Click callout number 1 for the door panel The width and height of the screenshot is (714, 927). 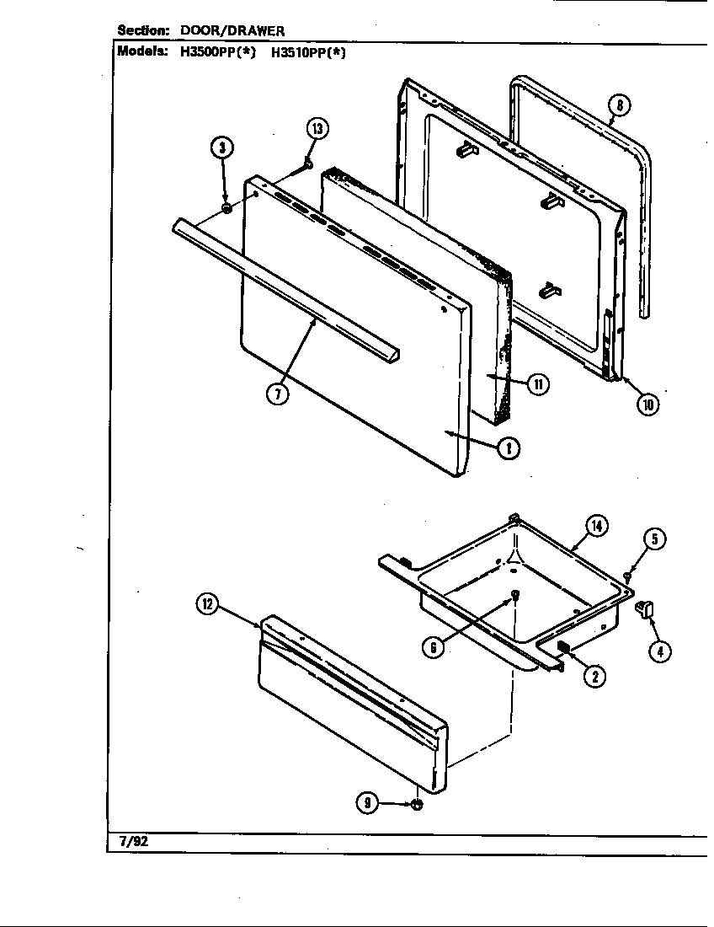(508, 448)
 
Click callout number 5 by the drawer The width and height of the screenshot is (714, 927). (656, 539)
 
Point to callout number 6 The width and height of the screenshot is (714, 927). (433, 647)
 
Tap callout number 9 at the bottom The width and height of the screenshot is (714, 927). (367, 803)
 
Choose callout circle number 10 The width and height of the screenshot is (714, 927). (647, 404)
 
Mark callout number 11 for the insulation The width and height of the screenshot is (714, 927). (537, 384)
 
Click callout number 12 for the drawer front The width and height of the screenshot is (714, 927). (207, 603)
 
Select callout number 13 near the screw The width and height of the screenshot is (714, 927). (317, 129)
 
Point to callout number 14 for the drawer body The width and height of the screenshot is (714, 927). (595, 526)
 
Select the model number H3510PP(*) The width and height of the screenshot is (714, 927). (308, 51)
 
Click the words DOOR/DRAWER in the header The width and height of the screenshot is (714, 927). (232, 30)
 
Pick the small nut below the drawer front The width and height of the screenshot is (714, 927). (416, 806)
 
